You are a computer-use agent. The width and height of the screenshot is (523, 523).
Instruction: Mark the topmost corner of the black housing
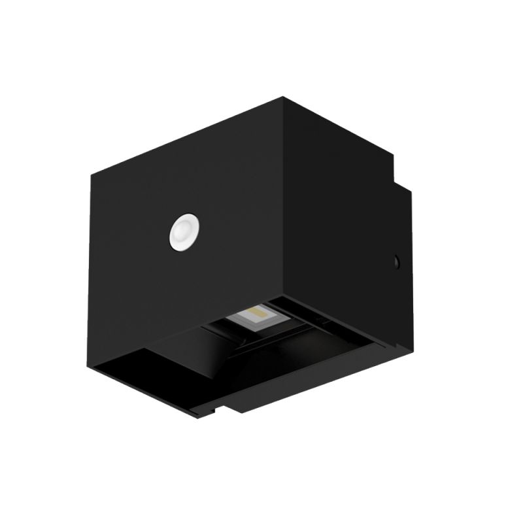283,98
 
